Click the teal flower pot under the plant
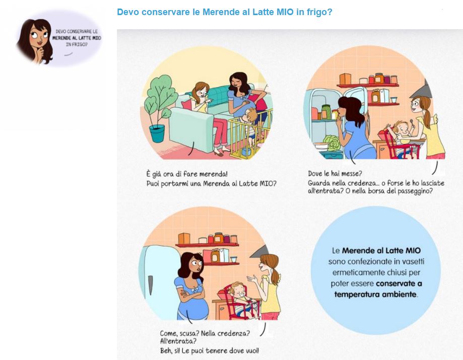[x=157, y=133]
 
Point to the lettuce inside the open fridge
[x=332, y=143]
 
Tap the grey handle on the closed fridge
[x=150, y=285]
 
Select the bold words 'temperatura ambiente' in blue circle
[x=375, y=294]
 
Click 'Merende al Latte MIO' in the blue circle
[x=381, y=251]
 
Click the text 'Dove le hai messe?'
[x=335, y=173]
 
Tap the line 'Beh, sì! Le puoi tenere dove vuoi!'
[x=210, y=350]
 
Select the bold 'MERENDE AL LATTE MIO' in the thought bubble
[x=77, y=38]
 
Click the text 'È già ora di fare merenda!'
[x=187, y=174]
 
